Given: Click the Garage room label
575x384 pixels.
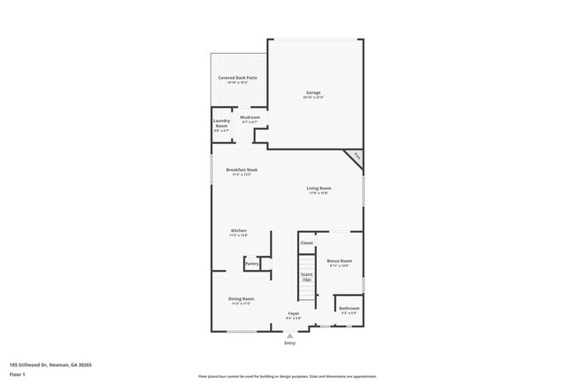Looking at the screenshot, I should click(x=313, y=93).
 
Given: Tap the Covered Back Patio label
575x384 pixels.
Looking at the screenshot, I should click(x=238, y=78).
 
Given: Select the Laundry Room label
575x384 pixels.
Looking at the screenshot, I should click(x=221, y=123).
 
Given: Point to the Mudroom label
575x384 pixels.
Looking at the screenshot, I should click(x=250, y=119).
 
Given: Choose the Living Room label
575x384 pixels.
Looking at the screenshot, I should click(x=318, y=188).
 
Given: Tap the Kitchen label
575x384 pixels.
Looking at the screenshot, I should click(x=239, y=231).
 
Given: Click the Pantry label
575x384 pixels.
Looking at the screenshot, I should click(x=252, y=264).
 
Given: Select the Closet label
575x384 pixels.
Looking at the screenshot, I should click(x=307, y=242).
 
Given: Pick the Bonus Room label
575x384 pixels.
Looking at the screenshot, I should click(x=340, y=261).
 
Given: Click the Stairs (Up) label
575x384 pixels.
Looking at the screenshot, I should click(x=306, y=277).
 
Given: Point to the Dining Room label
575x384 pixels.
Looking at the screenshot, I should click(x=241, y=299).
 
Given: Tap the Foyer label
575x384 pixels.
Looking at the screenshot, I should click(x=294, y=314).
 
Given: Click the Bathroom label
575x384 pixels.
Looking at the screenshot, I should click(x=348, y=309).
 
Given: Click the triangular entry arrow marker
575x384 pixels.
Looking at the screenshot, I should click(x=289, y=335).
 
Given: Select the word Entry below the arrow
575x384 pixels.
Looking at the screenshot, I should click(x=289, y=342).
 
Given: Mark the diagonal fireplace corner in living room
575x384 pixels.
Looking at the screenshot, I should click(x=355, y=157).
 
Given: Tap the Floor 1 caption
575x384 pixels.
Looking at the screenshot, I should click(x=17, y=374).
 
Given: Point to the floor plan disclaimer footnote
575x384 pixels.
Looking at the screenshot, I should click(x=287, y=376).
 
